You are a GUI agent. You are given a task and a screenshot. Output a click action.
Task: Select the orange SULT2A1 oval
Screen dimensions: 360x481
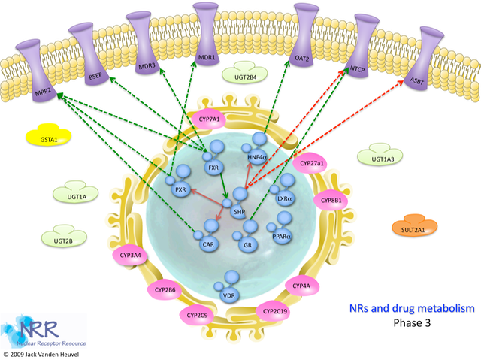413,228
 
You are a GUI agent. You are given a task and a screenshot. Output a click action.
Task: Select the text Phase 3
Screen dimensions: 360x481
413,323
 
